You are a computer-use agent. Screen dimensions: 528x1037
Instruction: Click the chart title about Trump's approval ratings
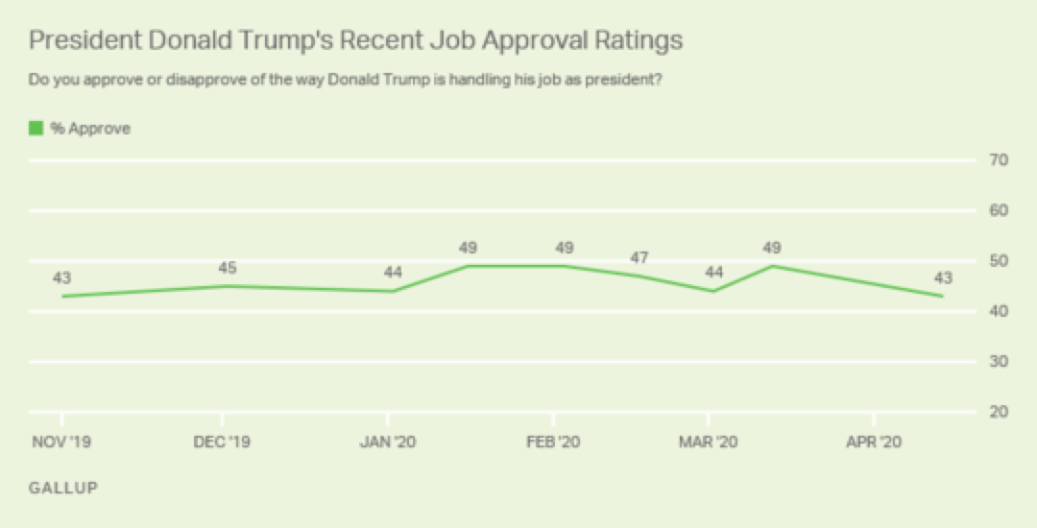355,40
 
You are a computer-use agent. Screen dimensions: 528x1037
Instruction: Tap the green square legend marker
36,128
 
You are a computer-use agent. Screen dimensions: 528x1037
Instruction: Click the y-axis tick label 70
998,160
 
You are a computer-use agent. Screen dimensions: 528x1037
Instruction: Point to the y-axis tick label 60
998,210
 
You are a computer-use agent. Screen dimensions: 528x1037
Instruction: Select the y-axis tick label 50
998,261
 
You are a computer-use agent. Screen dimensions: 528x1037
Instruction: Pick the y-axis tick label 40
998,311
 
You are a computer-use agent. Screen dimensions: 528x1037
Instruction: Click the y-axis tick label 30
998,362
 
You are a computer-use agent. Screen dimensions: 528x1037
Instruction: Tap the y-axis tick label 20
998,412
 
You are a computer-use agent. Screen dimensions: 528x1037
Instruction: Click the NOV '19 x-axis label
62,442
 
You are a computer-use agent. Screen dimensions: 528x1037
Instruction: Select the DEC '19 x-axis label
223,442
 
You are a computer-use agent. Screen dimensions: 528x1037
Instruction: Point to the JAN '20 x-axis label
388,442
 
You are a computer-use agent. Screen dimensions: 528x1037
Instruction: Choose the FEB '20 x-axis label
554,442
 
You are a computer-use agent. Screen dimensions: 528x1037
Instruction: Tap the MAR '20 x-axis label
709,442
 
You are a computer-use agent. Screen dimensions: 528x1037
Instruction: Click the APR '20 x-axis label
874,442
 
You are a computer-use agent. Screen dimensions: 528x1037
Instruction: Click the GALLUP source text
63,488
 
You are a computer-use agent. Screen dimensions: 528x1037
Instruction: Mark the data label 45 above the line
228,268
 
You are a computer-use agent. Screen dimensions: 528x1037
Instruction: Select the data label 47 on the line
639,257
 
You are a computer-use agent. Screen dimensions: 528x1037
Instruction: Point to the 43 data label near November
62,278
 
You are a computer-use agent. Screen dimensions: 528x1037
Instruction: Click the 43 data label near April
944,278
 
